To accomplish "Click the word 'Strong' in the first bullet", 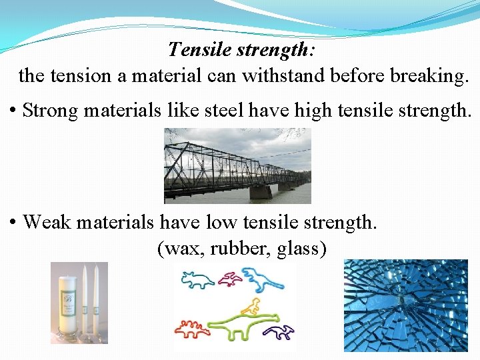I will click(51, 110).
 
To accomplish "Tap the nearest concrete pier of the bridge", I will click(260, 191).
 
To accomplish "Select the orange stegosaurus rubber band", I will click(191, 328).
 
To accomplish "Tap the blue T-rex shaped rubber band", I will click(263, 278).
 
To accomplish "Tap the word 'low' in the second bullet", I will click(220, 222).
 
